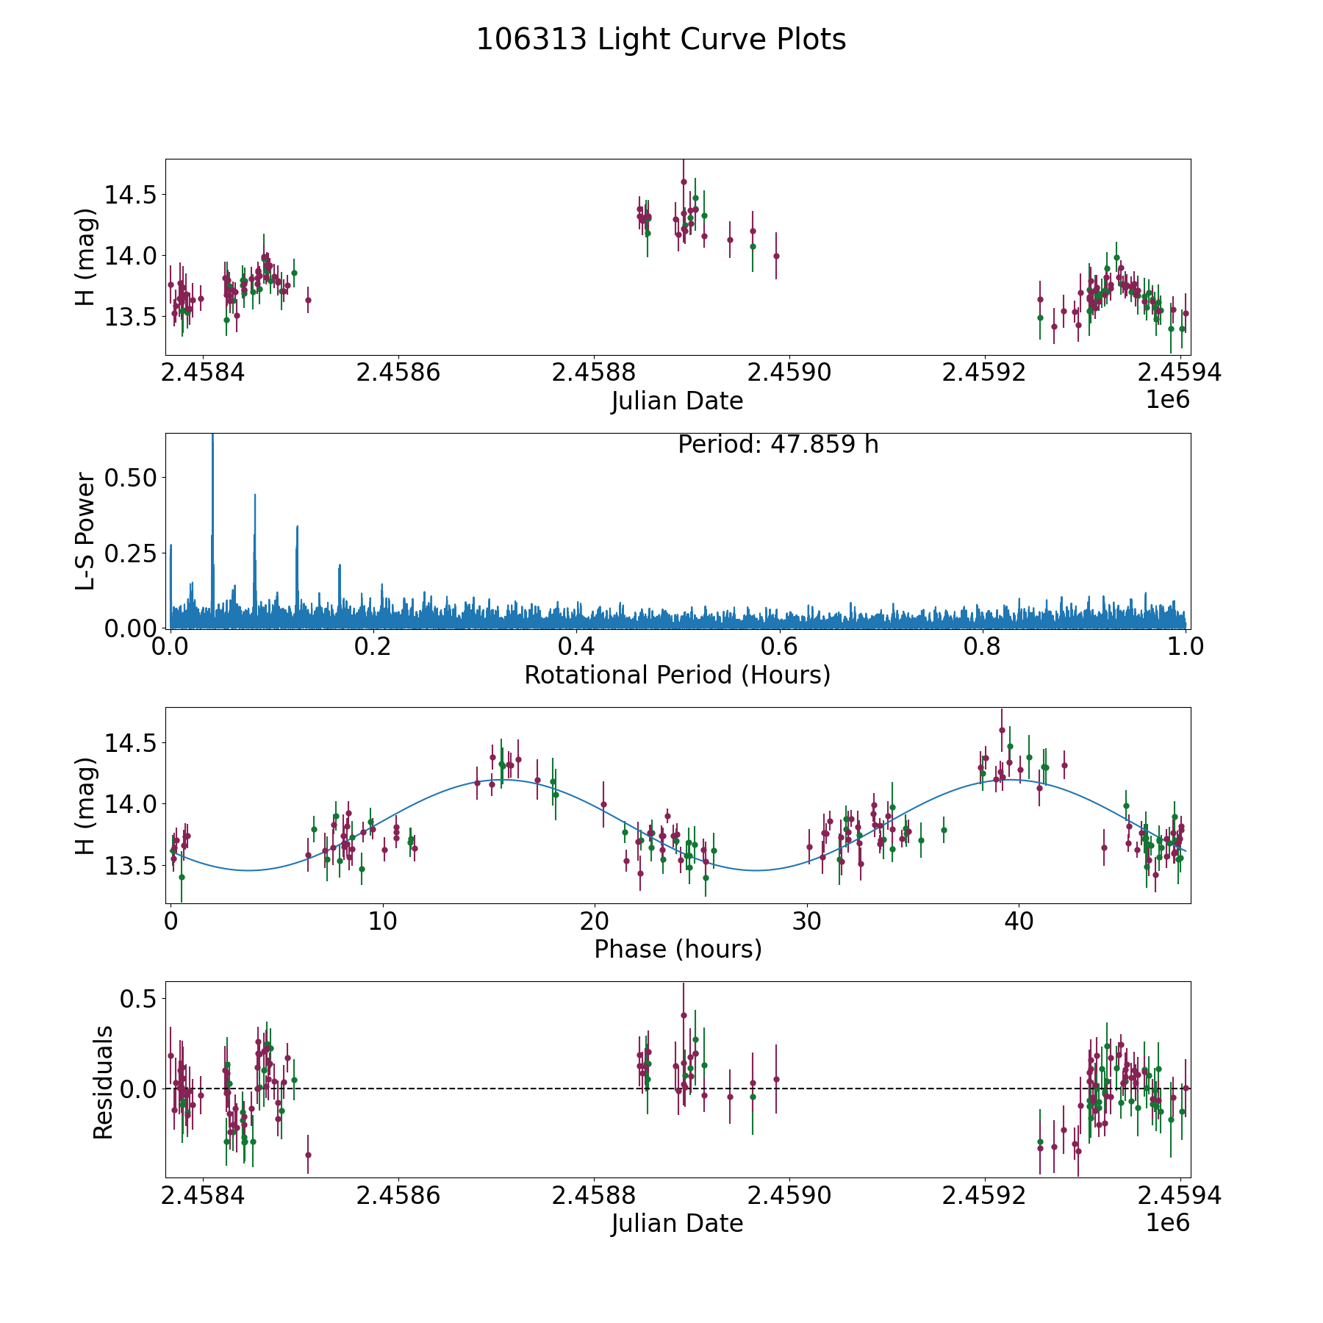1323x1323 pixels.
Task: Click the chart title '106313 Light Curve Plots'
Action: [661, 40]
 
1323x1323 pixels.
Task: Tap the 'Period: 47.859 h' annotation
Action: [778, 445]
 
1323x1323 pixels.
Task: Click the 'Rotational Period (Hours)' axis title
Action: [677, 675]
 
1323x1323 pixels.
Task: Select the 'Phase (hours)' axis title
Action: [678, 949]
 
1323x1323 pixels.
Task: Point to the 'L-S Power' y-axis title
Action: [85, 531]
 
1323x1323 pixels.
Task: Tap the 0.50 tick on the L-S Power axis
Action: [130, 478]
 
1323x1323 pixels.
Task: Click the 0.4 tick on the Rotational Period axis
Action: [576, 647]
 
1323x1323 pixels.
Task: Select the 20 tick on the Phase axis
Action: [595, 921]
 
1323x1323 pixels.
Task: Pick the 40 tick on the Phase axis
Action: [1019, 921]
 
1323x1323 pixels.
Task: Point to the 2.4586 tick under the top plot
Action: [398, 373]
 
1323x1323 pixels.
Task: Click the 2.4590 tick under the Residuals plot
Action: [789, 1196]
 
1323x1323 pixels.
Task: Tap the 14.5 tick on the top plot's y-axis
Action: [130, 196]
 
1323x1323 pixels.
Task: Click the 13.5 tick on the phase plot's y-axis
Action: [130, 865]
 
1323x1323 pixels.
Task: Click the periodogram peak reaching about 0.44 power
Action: [255, 495]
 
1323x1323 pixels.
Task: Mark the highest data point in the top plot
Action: [684, 182]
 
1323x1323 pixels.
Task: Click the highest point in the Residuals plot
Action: [684, 1015]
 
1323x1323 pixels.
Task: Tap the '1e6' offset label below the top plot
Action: [1167, 400]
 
